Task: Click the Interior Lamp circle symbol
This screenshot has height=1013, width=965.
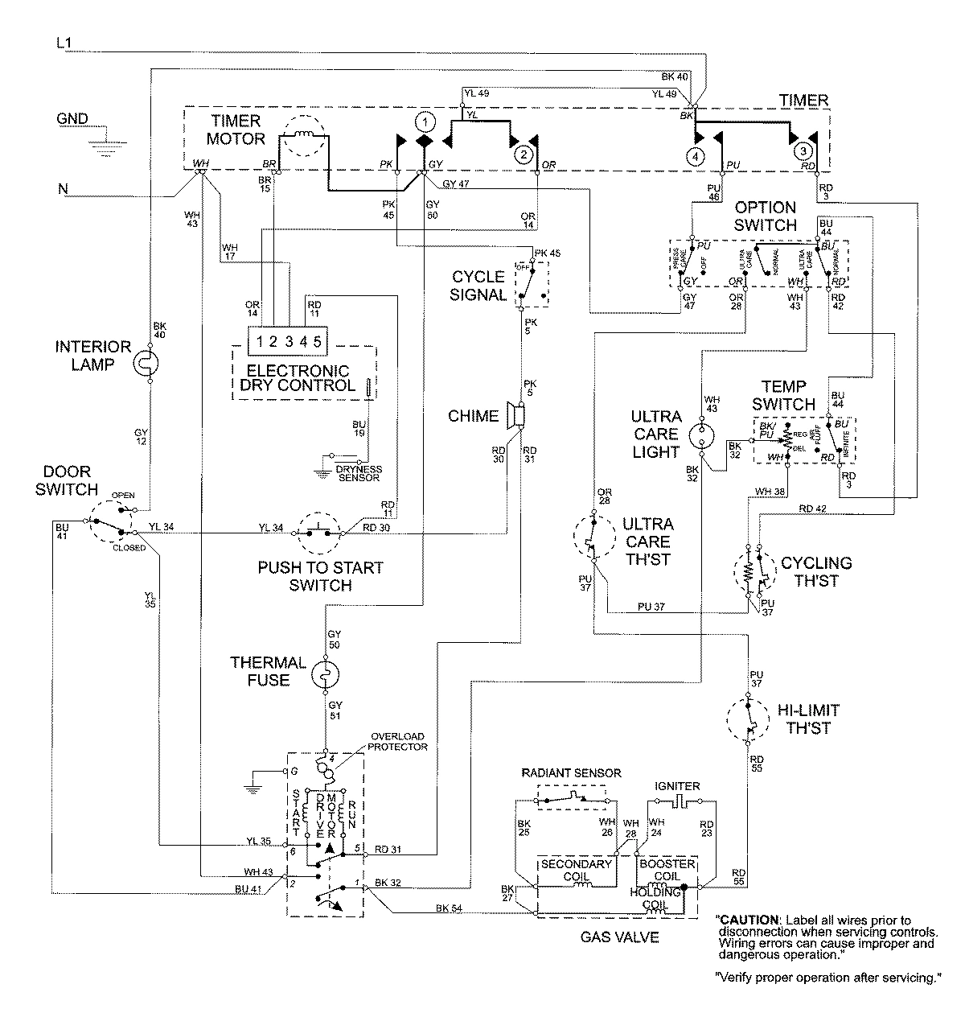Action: [149, 364]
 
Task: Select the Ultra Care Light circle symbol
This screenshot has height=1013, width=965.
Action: [702, 434]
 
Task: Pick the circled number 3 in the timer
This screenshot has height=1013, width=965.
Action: [802, 150]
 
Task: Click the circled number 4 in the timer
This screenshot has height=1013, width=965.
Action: [696, 156]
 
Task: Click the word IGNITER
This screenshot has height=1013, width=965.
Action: [678, 786]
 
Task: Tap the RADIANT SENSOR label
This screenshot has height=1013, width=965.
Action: [571, 772]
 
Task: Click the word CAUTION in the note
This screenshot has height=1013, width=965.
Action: [749, 919]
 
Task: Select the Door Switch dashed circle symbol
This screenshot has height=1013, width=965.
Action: [112, 525]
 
